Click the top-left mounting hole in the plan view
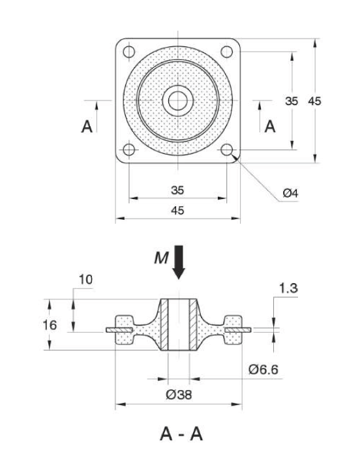tap(128, 51)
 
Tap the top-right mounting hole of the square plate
tap(228, 51)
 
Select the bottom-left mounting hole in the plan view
tap(128, 150)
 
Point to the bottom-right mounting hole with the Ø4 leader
tap(228, 150)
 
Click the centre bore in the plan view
tap(177, 100)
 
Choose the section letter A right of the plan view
tap(269, 127)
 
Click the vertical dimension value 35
tap(292, 101)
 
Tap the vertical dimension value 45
tap(314, 101)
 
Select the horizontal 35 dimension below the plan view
tap(177, 190)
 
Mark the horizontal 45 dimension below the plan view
tap(177, 211)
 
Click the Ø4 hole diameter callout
tap(290, 193)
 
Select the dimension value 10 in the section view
tap(85, 279)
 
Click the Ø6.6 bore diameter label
tap(263, 370)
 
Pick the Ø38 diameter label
tap(178, 395)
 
